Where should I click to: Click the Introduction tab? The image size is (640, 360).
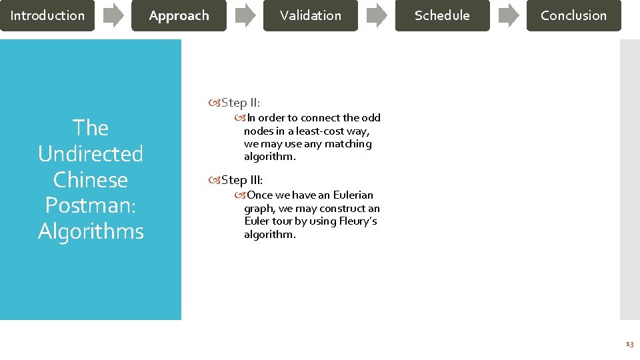pyautogui.click(x=47, y=15)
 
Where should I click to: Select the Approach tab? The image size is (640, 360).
pyautogui.click(x=179, y=15)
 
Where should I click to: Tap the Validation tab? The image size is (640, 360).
pyautogui.click(x=310, y=15)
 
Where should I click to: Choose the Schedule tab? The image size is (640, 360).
pyautogui.click(x=442, y=15)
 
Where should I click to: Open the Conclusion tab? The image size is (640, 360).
pyautogui.click(x=573, y=15)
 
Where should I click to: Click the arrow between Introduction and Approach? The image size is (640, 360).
pyautogui.click(x=113, y=15)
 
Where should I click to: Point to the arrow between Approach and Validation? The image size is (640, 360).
pyautogui.click(x=245, y=15)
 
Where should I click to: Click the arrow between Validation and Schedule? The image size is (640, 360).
pyautogui.click(x=377, y=15)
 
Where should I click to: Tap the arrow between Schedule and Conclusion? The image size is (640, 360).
pyautogui.click(x=508, y=15)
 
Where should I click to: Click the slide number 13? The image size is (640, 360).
pyautogui.click(x=629, y=344)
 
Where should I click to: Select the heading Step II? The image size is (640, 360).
pyautogui.click(x=240, y=103)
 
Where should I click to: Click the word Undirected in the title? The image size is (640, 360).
pyautogui.click(x=91, y=154)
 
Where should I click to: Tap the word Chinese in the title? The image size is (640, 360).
pyautogui.click(x=91, y=180)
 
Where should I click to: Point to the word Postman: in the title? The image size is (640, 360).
pyautogui.click(x=91, y=205)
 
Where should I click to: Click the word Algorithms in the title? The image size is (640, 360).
pyautogui.click(x=91, y=231)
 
